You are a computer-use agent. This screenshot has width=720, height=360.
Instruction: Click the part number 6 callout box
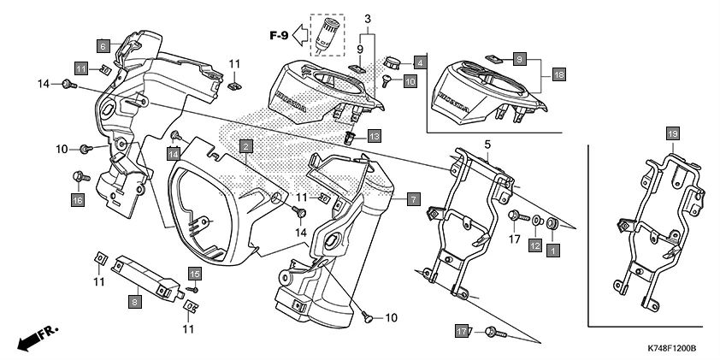click(x=103, y=45)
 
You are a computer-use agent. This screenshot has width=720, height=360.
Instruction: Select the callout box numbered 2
click(x=245, y=147)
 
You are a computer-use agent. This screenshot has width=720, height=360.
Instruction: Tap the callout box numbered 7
click(x=413, y=199)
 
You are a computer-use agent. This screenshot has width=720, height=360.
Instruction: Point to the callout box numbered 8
click(x=134, y=301)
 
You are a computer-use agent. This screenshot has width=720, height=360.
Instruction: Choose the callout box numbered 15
click(x=195, y=274)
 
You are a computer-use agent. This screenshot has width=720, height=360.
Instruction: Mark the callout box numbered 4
click(x=420, y=62)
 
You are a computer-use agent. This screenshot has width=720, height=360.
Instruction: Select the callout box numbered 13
click(x=375, y=136)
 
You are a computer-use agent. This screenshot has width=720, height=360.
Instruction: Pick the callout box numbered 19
click(x=672, y=133)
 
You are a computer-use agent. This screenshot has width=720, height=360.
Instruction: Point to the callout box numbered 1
click(x=552, y=251)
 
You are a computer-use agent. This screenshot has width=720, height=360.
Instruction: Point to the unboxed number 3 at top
click(x=367, y=18)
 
